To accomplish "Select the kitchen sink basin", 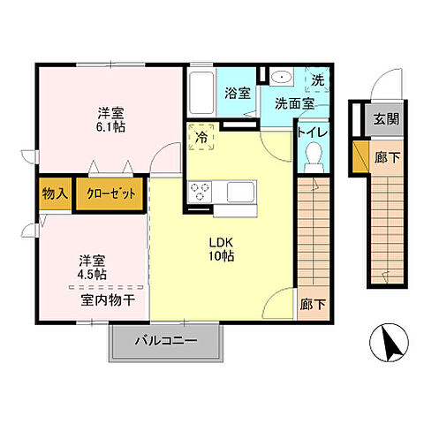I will pyautogui.click(x=240, y=192).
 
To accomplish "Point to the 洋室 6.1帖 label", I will pyautogui.click(x=110, y=119).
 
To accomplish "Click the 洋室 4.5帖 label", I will pyautogui.click(x=93, y=267).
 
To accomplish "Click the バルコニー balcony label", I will pyautogui.click(x=165, y=341).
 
